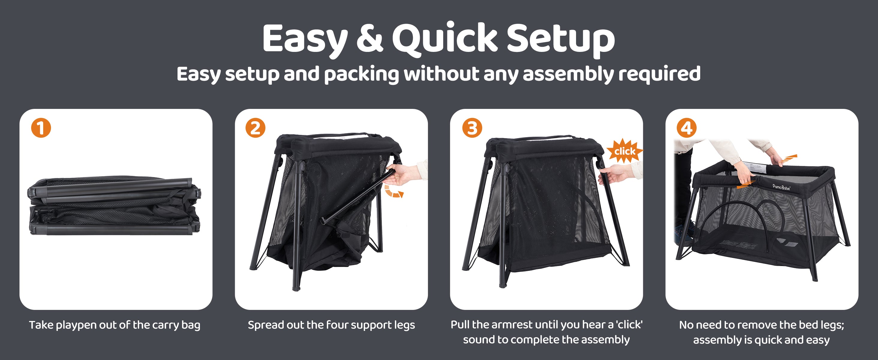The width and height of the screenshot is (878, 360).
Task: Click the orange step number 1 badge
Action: (x=41, y=128)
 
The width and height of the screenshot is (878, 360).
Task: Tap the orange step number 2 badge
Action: (x=255, y=128)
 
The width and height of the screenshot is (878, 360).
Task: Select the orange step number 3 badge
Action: (x=472, y=128)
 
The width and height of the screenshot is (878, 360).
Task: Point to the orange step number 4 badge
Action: (x=686, y=128)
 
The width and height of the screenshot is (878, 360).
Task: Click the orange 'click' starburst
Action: (x=625, y=151)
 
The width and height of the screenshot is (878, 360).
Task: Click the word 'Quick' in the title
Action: (x=445, y=38)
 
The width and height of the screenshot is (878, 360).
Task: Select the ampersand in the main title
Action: (x=369, y=38)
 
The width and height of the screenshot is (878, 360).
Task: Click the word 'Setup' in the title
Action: (x=561, y=39)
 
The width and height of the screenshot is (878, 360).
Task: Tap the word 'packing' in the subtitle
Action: (x=361, y=74)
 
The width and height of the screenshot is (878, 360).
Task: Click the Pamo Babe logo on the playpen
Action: (x=781, y=187)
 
